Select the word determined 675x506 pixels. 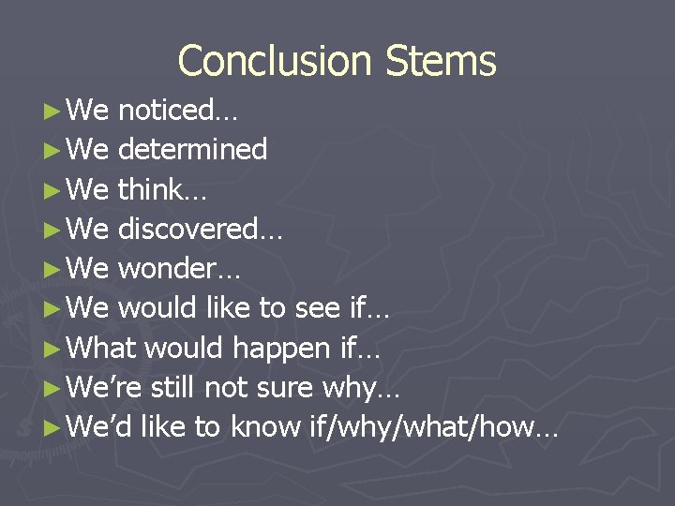192,150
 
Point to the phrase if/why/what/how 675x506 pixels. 430,428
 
